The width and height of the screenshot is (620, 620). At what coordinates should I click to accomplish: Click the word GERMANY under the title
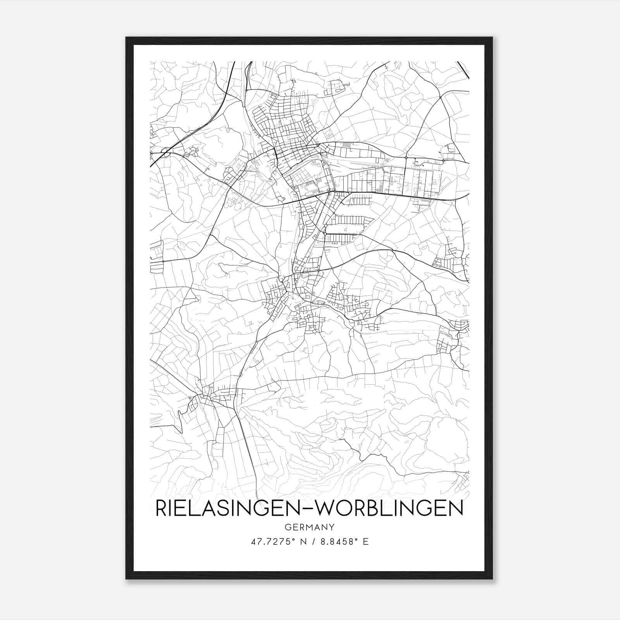309,527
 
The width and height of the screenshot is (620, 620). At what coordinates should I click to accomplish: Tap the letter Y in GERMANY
331,527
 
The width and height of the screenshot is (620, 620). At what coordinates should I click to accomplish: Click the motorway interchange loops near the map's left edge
165,152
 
